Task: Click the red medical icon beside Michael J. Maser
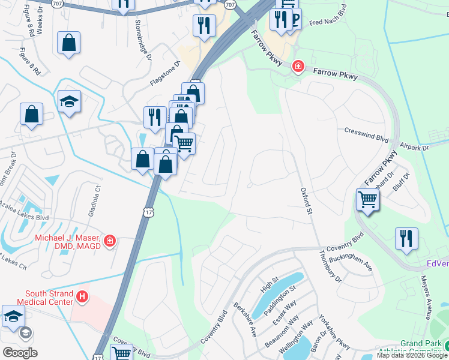pos(109,241)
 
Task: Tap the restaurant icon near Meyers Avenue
pos(406,238)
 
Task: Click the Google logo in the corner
pos(20,353)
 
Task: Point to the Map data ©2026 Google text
pos(412,355)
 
